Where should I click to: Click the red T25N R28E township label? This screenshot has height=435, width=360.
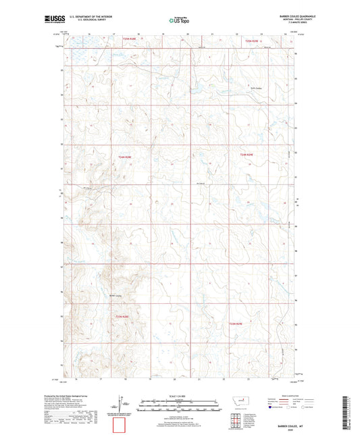point(129,40)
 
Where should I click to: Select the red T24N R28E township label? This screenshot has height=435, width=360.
point(123,157)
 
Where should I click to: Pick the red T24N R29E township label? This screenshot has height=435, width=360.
point(246,155)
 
